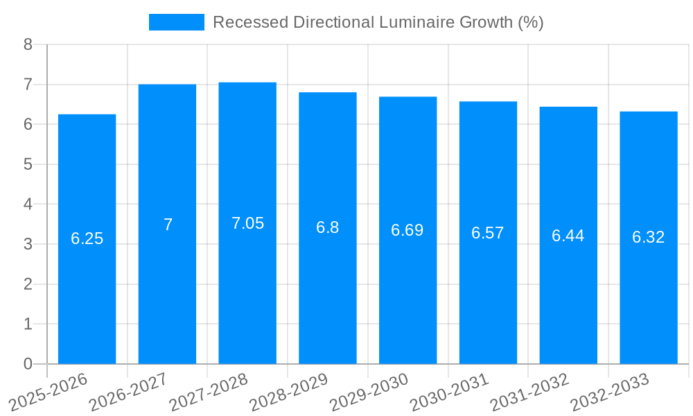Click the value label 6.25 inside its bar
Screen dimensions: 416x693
(87, 239)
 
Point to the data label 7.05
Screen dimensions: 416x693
(247, 223)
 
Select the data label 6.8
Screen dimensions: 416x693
(327, 227)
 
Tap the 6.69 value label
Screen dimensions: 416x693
(407, 230)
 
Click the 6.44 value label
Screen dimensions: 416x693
(568, 236)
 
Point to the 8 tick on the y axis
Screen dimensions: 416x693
(28, 44)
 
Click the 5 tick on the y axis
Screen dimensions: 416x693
(28, 164)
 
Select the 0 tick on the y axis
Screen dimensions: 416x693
(28, 364)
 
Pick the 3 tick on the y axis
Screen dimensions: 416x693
(28, 244)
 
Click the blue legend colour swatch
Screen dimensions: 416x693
(177, 22)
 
